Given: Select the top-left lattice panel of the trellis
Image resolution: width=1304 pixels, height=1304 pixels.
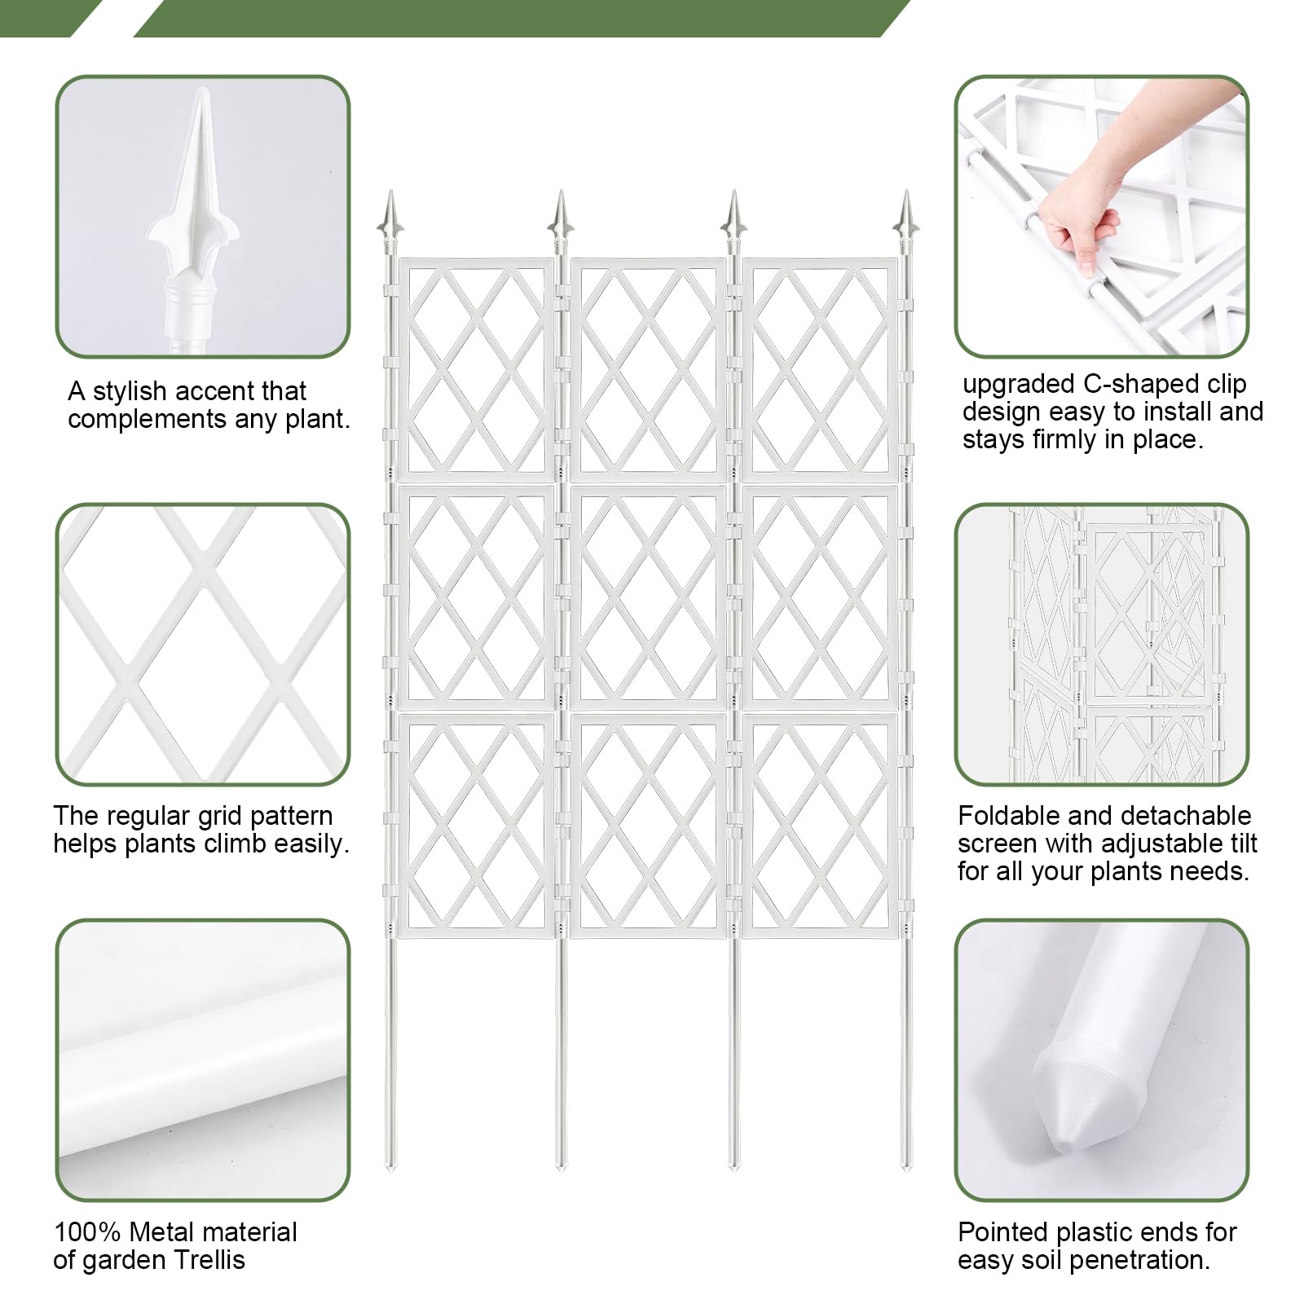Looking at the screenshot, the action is click(x=477, y=369).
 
